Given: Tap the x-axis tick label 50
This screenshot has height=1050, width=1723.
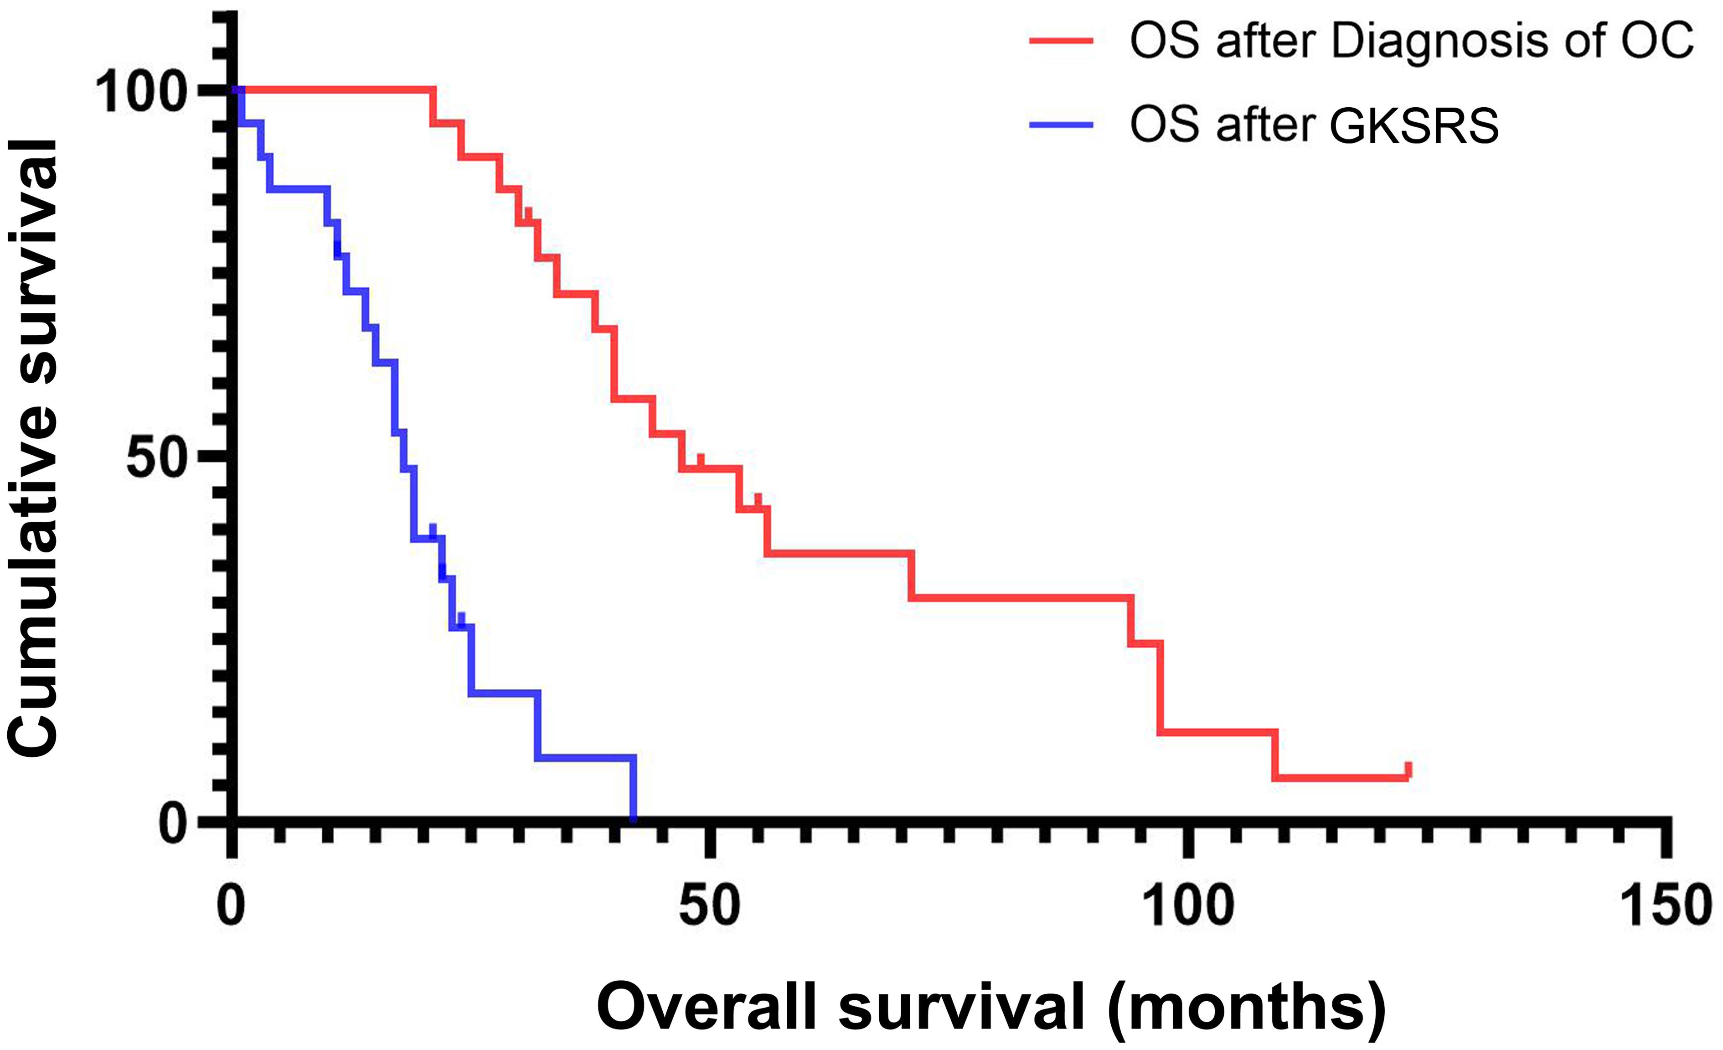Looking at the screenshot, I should (709, 907).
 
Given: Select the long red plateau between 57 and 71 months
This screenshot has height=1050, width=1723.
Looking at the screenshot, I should (839, 553).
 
